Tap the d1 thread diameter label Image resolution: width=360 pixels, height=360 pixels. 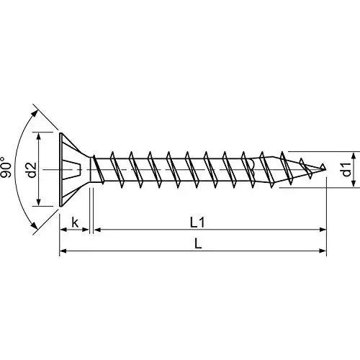(346, 171)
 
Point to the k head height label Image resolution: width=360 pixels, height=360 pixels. (74, 222)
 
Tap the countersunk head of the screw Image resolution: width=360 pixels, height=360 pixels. (72, 171)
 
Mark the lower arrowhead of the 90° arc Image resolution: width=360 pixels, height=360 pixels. (34, 231)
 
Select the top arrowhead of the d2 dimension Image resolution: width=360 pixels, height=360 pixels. (40, 135)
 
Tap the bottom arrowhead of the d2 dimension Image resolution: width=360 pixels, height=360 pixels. (40, 206)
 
